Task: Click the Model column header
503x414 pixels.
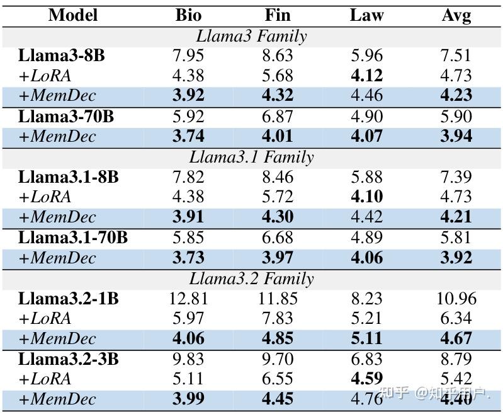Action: (73, 15)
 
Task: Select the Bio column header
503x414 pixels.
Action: (188, 15)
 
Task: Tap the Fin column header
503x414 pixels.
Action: (278, 15)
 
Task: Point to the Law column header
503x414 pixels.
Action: (366, 15)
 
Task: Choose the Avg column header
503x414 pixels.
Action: (456, 15)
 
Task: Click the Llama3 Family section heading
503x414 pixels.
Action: (251, 36)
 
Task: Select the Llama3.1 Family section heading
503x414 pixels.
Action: (251, 157)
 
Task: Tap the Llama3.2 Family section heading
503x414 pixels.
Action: (251, 278)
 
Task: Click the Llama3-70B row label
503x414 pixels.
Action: (65, 117)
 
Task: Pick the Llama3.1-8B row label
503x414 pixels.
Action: (68, 177)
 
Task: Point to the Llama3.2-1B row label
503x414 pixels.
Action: (68, 298)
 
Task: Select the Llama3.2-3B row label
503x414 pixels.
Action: (68, 359)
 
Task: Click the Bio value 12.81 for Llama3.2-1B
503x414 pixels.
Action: (188, 298)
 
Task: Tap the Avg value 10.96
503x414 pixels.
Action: (456, 298)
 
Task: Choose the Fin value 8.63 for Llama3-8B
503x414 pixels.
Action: (278, 56)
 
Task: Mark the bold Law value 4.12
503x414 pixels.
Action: (366, 76)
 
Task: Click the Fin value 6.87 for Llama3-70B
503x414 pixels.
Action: (278, 117)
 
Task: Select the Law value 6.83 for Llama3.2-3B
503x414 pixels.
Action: (366, 359)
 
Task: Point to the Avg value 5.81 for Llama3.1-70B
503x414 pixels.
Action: (456, 238)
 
